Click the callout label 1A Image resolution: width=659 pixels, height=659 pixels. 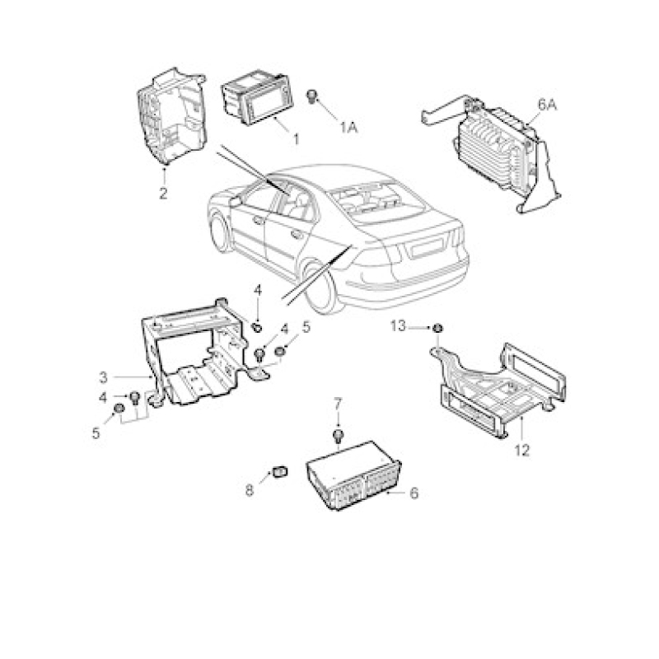click(348, 127)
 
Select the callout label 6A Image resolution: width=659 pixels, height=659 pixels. click(547, 105)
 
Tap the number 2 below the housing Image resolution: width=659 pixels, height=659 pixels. click(163, 194)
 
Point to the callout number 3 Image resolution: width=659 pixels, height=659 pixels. click(104, 378)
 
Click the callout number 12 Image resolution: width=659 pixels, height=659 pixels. click(522, 451)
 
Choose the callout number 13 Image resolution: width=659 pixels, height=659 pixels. click(398, 325)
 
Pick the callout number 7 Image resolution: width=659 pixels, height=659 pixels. click(338, 404)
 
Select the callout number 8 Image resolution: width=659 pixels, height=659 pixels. click(250, 490)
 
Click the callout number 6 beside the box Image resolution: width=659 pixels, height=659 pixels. click(414, 493)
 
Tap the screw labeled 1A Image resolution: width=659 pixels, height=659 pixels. click(312, 96)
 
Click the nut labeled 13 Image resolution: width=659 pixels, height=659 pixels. click(437, 327)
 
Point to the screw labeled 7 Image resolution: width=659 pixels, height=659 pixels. click(339, 436)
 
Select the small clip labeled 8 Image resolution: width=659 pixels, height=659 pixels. click(280, 471)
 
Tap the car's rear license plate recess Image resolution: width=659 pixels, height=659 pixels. click(428, 249)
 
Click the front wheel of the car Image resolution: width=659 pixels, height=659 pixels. click(221, 234)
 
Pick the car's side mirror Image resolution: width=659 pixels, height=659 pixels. click(235, 200)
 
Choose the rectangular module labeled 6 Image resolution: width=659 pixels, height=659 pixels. click(354, 476)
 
